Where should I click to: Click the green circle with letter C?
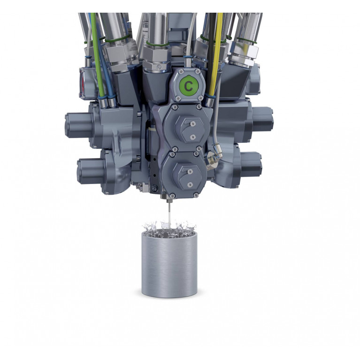click(189, 86)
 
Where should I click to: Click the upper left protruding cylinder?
click(78, 125)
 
